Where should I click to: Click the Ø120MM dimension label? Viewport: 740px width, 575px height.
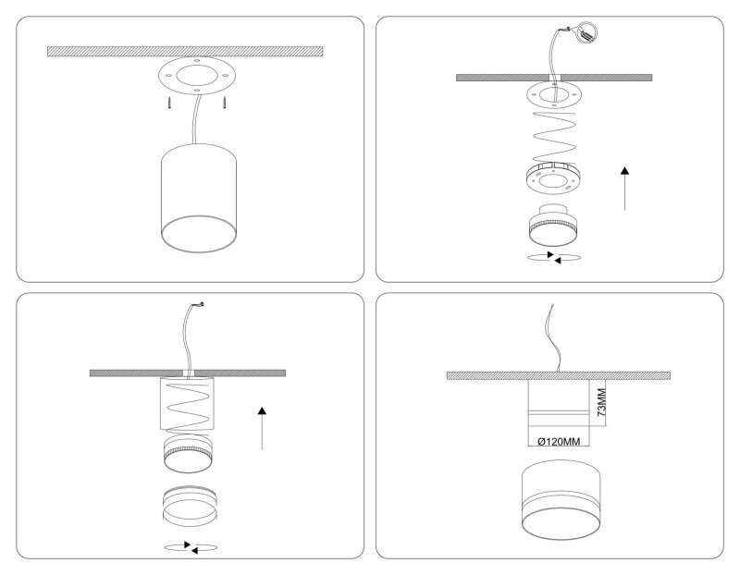coord(559,442)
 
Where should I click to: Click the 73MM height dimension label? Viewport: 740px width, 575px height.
coord(601,402)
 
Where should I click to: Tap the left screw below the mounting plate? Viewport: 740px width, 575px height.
coord(169,103)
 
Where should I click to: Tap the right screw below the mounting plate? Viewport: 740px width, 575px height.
coord(226,103)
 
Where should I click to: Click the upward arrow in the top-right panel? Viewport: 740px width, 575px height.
coord(625,189)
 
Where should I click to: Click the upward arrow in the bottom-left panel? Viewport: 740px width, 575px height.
coord(262,428)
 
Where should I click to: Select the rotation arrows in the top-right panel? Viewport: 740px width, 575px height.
coord(553,258)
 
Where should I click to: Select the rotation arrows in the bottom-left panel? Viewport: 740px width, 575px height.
coord(191,547)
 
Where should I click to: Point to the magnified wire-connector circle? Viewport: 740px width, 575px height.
coord(586,32)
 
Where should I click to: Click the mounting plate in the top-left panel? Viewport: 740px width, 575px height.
coord(197,77)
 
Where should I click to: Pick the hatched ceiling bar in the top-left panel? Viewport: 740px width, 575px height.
coord(185,52)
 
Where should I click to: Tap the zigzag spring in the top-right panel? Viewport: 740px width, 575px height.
coord(554,137)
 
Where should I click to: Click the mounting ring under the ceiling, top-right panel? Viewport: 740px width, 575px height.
coord(554,95)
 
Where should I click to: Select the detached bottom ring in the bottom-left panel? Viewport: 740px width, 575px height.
coord(190,507)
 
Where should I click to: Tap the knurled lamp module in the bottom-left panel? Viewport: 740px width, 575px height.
coord(188,453)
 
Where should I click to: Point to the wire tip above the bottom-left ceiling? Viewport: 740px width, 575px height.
coord(202,305)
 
